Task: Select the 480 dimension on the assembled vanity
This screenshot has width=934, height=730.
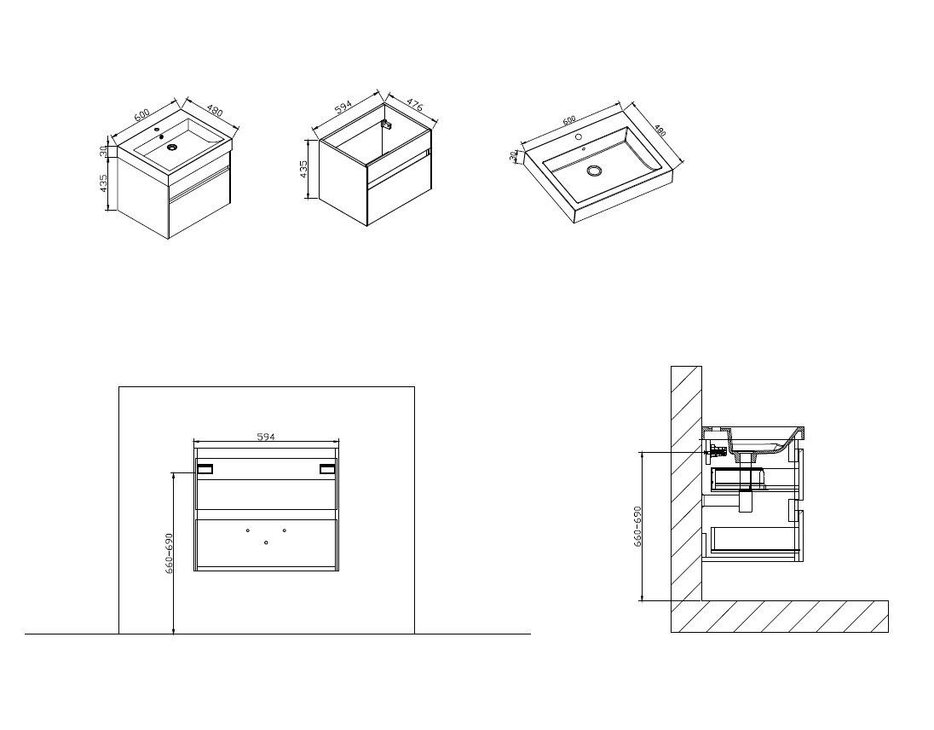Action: coord(215,110)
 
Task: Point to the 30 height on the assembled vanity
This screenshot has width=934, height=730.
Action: coord(103,151)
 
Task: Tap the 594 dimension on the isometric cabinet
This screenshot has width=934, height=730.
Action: coord(343,107)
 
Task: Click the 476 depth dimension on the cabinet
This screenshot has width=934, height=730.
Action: coord(414,104)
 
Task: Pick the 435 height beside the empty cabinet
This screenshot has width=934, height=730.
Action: coord(303,169)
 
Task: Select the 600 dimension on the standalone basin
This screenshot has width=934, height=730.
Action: coord(569,119)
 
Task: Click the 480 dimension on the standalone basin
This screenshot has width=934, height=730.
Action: coord(660,130)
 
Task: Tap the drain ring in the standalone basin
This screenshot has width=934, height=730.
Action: coord(594,171)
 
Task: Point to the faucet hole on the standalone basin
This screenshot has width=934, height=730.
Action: coord(578,137)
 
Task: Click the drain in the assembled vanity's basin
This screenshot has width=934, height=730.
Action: coord(173,147)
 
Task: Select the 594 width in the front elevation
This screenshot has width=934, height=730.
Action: coord(266,437)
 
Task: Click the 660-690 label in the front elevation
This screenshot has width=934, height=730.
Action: coord(170,553)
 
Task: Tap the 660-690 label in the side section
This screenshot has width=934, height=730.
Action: coord(637,527)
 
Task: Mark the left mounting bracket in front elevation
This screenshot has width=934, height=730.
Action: coord(205,469)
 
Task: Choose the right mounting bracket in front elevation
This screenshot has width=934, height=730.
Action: coord(327,469)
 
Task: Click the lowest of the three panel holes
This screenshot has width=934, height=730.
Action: coord(266,542)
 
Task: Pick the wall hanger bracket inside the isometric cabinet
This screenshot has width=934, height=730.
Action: coord(388,125)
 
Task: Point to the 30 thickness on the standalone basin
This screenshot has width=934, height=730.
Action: coord(514,155)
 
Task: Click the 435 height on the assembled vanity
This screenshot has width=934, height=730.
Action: coord(104,182)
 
